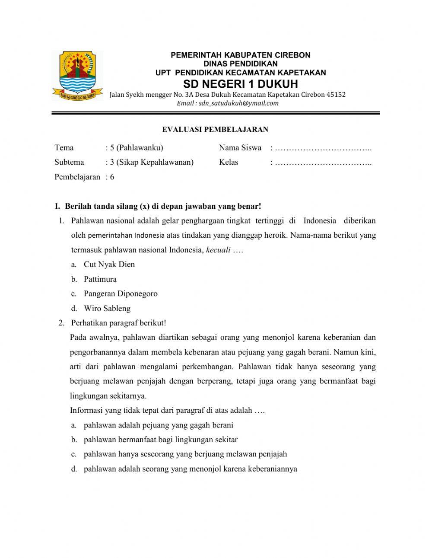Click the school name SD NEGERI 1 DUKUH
[x=241, y=83]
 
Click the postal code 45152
[x=336, y=95]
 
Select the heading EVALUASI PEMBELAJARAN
[x=215, y=129]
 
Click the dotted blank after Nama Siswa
[x=323, y=148]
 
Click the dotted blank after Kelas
[x=323, y=163]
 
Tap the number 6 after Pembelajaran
[x=112, y=177]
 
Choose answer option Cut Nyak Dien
[x=109, y=265]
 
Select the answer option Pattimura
[x=100, y=279]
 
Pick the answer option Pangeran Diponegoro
[x=121, y=294]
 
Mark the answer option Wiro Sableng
[x=107, y=309]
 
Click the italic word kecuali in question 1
[x=218, y=250]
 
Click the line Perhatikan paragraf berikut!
[x=118, y=323]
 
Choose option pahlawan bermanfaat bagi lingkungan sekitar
[x=161, y=440]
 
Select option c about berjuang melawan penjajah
[x=185, y=454]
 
